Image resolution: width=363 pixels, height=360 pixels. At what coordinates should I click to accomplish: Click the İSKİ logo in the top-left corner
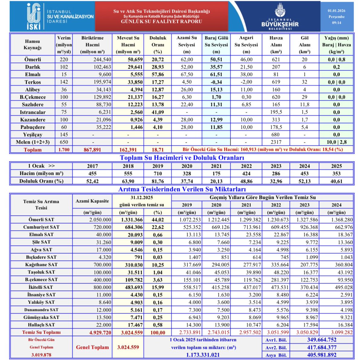[33, 16]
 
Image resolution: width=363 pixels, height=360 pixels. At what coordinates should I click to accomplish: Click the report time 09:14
[336, 23]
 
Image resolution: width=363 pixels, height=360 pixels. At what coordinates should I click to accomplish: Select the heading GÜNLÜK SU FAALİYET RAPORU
[162, 21]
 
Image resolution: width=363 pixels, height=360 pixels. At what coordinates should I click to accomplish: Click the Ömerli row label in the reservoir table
[33, 60]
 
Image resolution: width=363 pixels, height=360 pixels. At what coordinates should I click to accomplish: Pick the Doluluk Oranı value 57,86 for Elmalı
[158, 74]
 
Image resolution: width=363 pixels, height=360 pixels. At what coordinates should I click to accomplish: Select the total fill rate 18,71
[158, 150]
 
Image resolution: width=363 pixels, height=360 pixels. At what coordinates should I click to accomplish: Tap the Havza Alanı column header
[276, 44]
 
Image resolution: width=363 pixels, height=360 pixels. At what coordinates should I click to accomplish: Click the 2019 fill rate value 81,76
[158, 181]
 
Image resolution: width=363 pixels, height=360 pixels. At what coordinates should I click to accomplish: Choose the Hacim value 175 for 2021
[216, 174]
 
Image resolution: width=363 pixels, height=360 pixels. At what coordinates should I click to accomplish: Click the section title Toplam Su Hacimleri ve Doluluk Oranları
[182, 158]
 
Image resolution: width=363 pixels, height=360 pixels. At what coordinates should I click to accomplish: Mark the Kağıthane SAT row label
[41, 264]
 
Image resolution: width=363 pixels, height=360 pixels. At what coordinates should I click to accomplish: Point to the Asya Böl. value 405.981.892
[322, 355]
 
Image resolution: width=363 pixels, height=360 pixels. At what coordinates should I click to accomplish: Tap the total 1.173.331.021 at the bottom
[203, 355]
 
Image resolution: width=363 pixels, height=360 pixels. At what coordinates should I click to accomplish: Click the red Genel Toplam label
[92, 347]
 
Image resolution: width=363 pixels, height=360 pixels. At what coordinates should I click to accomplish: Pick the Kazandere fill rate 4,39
[158, 120]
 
